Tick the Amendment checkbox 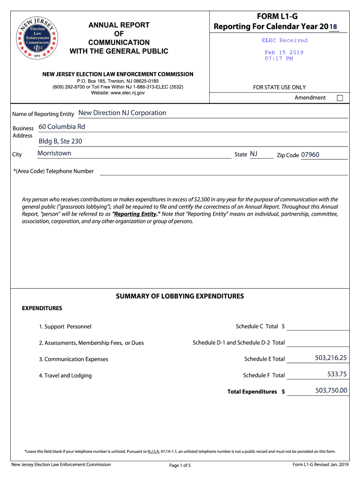point(340,98)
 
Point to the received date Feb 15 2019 point(284,52)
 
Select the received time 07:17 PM point(279,58)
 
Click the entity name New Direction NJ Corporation point(122,113)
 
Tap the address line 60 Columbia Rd point(62,127)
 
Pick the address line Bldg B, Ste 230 point(64,141)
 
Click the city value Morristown point(54,153)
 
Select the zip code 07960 point(310,154)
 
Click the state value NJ point(253,154)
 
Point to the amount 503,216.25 point(331,358)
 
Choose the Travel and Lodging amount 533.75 point(337,374)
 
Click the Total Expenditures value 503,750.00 point(331,390)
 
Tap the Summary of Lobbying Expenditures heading point(180,296)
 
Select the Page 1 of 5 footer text point(180,465)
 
